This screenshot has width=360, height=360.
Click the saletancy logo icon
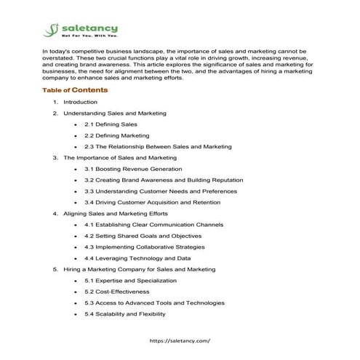[49, 30]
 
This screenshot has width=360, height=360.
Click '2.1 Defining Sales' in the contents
[111, 124]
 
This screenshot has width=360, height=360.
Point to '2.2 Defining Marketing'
[116, 135]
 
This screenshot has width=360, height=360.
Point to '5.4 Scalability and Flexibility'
[125, 314]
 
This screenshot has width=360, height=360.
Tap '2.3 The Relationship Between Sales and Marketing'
[158, 147]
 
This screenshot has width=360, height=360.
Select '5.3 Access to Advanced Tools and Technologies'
[154, 303]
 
